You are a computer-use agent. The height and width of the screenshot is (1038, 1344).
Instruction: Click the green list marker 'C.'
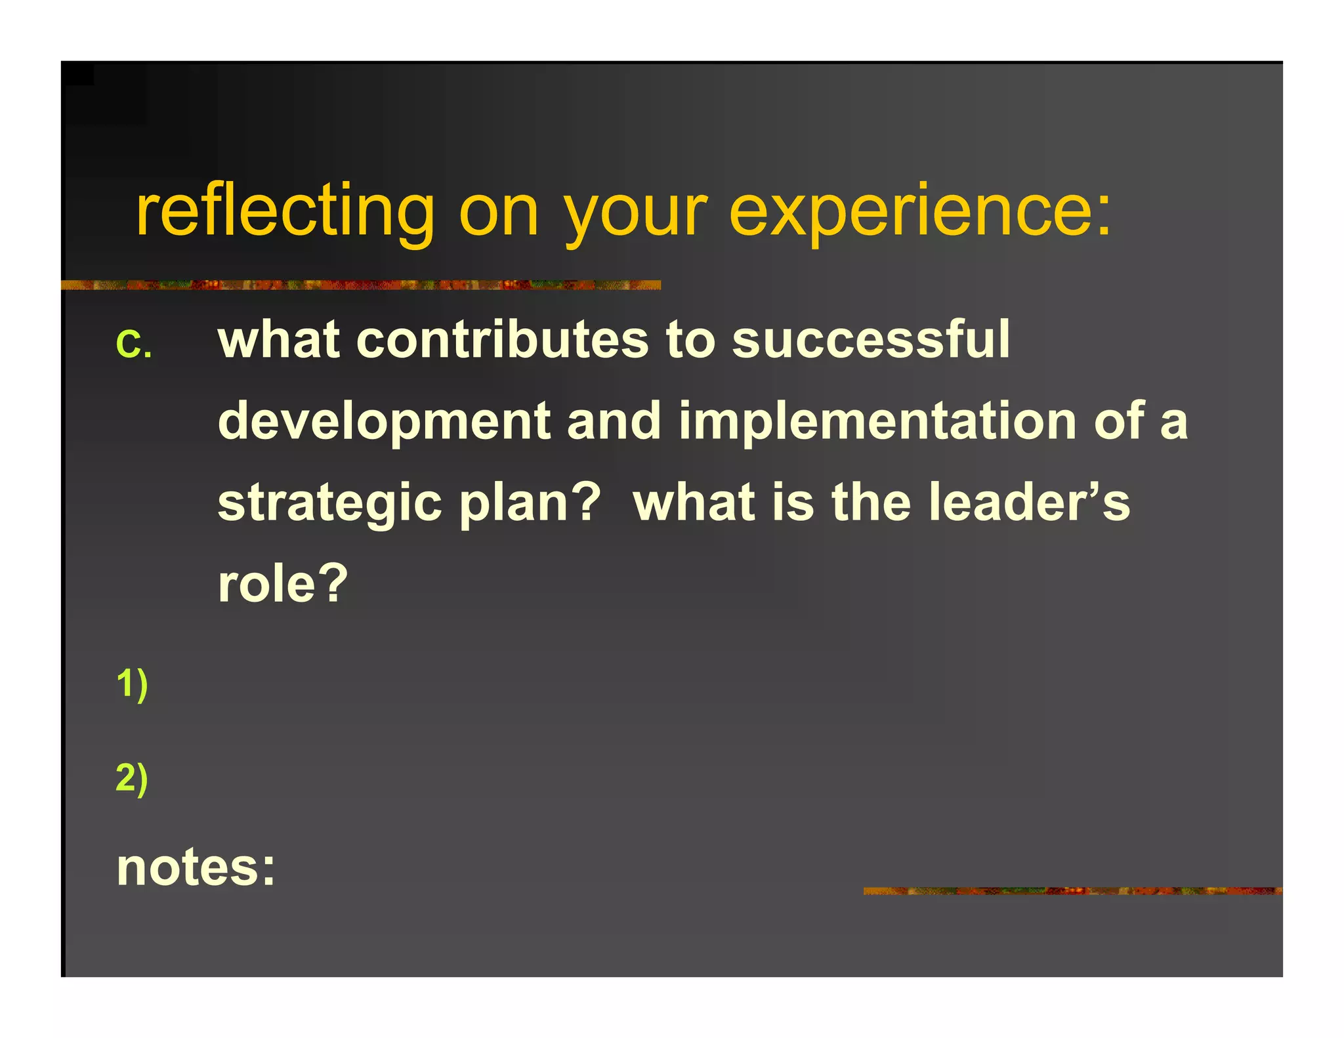[134, 343]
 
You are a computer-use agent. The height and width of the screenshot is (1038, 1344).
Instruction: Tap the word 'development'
[384, 422]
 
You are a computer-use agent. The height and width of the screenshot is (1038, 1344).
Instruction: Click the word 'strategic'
[330, 503]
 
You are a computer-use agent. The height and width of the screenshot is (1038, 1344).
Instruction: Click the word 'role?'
[283, 583]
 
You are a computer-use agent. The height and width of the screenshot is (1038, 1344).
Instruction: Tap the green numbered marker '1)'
[132, 684]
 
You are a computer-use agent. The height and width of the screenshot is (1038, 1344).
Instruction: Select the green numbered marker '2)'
[132, 778]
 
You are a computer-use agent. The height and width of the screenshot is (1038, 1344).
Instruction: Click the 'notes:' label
[196, 867]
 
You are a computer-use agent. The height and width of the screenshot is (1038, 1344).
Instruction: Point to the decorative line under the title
[360, 285]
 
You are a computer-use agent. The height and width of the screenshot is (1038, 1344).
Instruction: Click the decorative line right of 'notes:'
[1072, 890]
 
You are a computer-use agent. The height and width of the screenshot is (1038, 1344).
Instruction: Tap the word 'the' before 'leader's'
[871, 503]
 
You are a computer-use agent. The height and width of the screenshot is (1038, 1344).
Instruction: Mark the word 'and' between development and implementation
[614, 422]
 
